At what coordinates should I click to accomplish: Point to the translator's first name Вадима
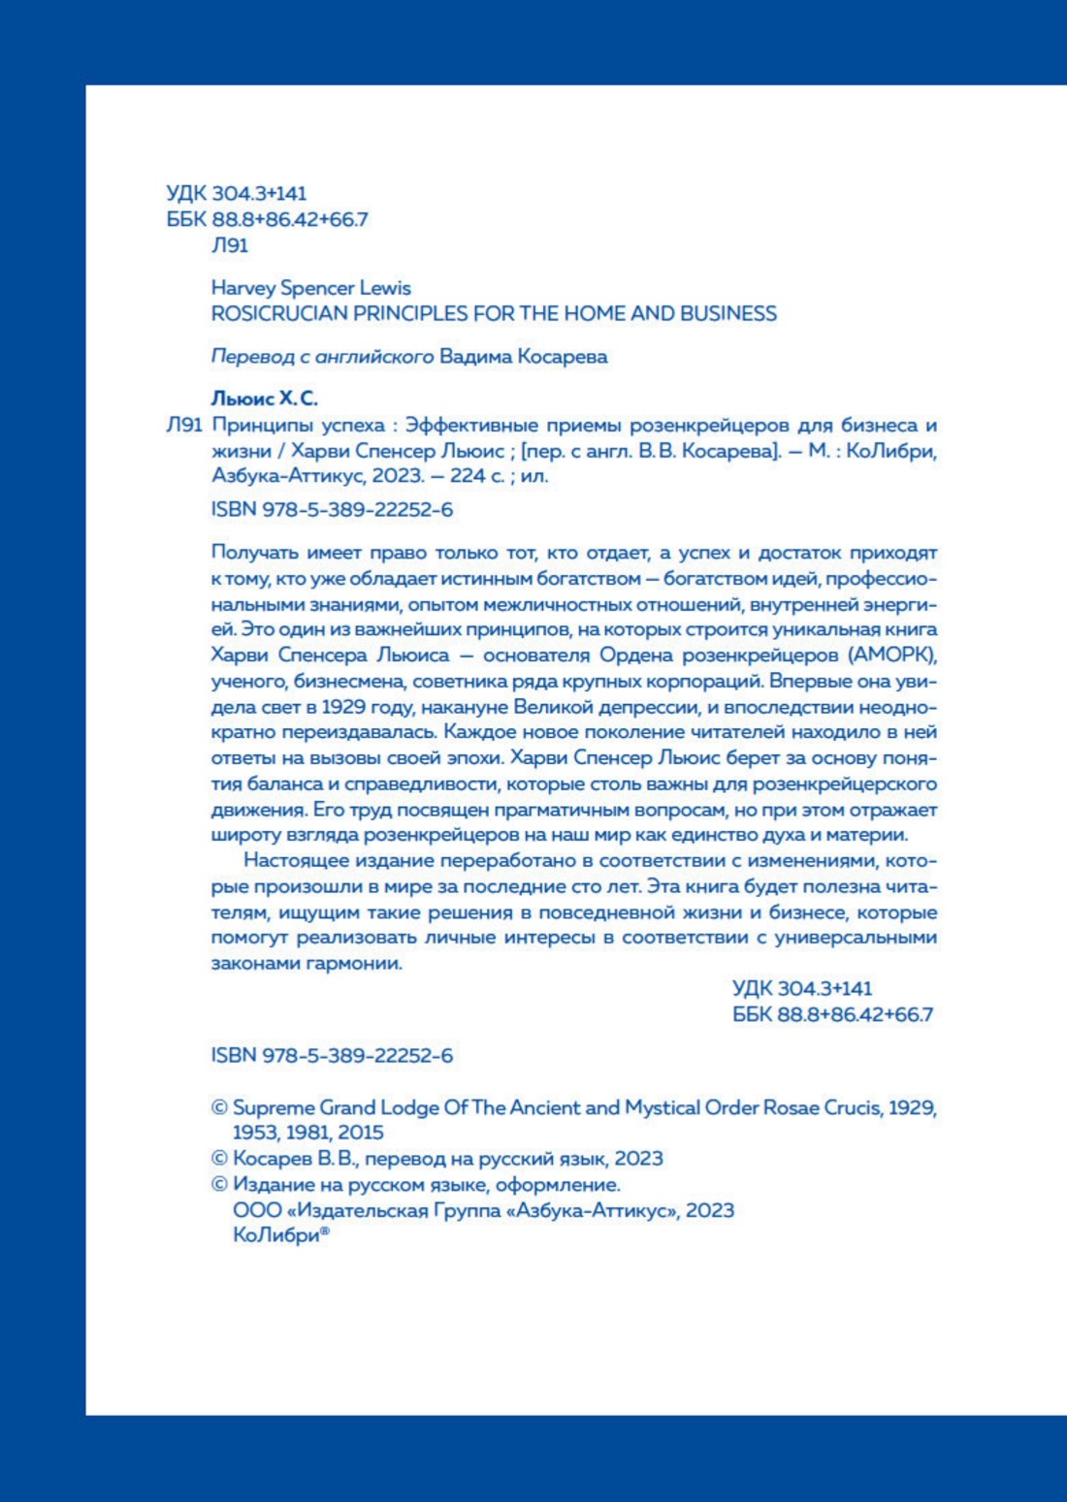coord(474,357)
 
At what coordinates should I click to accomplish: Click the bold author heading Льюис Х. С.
coord(264,399)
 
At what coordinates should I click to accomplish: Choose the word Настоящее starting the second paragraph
coord(290,861)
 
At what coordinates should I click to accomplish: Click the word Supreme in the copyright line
coord(274,1107)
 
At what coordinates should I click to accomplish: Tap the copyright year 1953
coord(254,1133)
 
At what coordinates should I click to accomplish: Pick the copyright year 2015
coord(361,1133)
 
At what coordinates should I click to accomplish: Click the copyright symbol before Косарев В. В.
coord(219,1159)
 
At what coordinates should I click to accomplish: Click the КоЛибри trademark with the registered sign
coord(279,1236)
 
